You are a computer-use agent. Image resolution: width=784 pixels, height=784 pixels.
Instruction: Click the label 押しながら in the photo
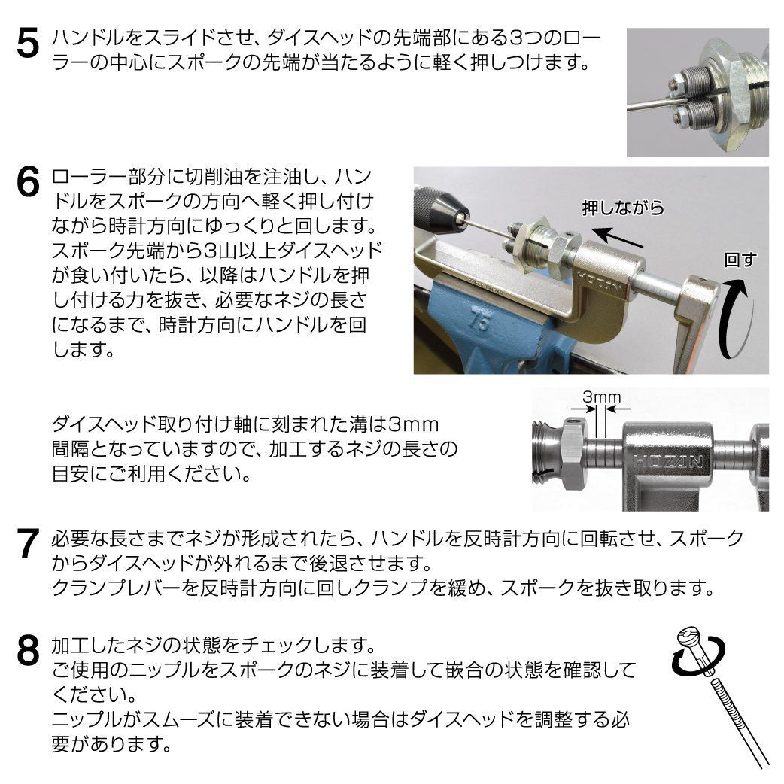point(624,208)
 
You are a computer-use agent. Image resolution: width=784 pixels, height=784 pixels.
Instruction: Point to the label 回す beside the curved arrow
point(738,261)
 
